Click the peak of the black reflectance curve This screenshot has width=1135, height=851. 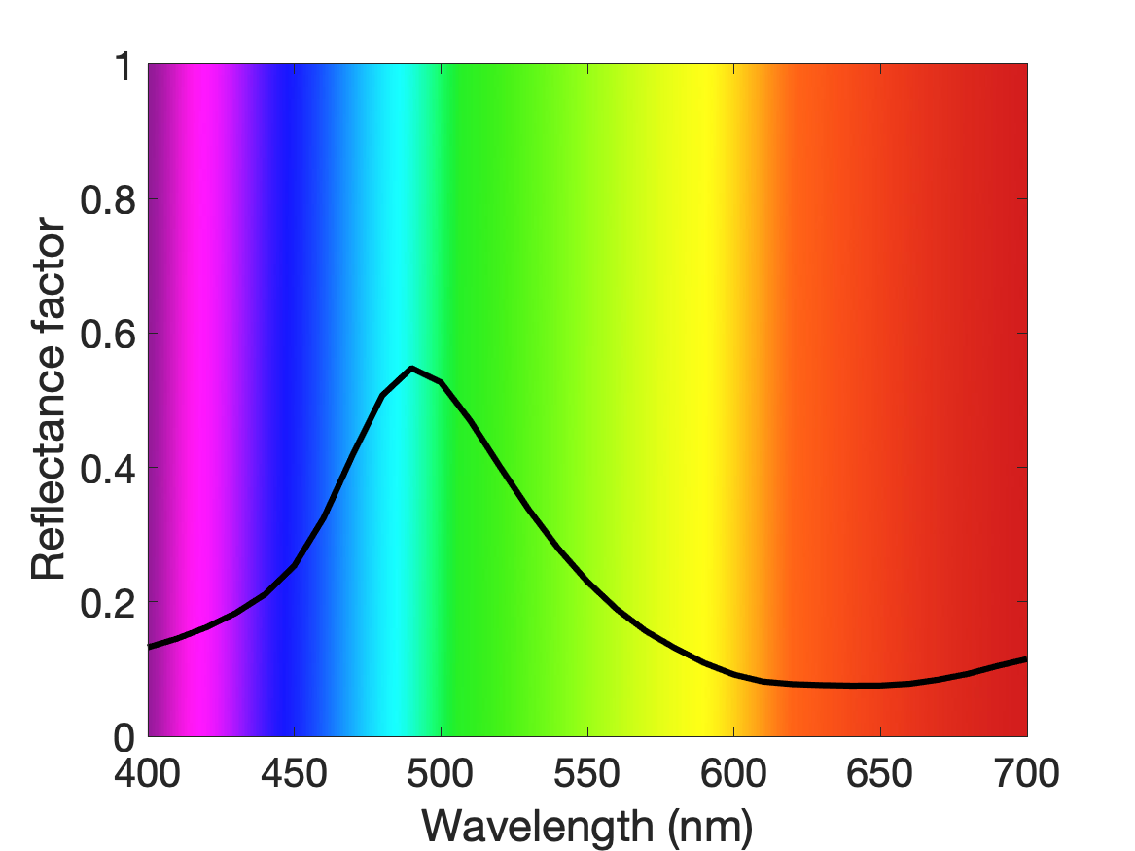point(411,369)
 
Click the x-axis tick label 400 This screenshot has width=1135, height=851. point(148,773)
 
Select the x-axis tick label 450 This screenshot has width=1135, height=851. point(294,773)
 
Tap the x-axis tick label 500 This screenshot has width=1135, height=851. point(441,773)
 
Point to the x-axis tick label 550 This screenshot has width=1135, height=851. point(586,773)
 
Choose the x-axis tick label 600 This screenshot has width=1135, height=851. point(733,773)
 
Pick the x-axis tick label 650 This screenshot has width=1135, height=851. point(879,773)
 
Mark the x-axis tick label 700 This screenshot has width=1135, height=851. point(1026,773)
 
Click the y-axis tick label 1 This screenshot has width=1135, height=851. point(124,66)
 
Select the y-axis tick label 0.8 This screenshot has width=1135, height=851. point(107,199)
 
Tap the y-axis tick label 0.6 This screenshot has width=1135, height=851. point(107,335)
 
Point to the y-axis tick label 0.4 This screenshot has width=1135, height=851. point(107,469)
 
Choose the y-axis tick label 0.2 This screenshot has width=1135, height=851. point(107,603)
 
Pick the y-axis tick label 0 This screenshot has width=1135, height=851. point(124,737)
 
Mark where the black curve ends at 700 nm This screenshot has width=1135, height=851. point(1026,659)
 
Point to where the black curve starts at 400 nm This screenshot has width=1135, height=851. point(149,646)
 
